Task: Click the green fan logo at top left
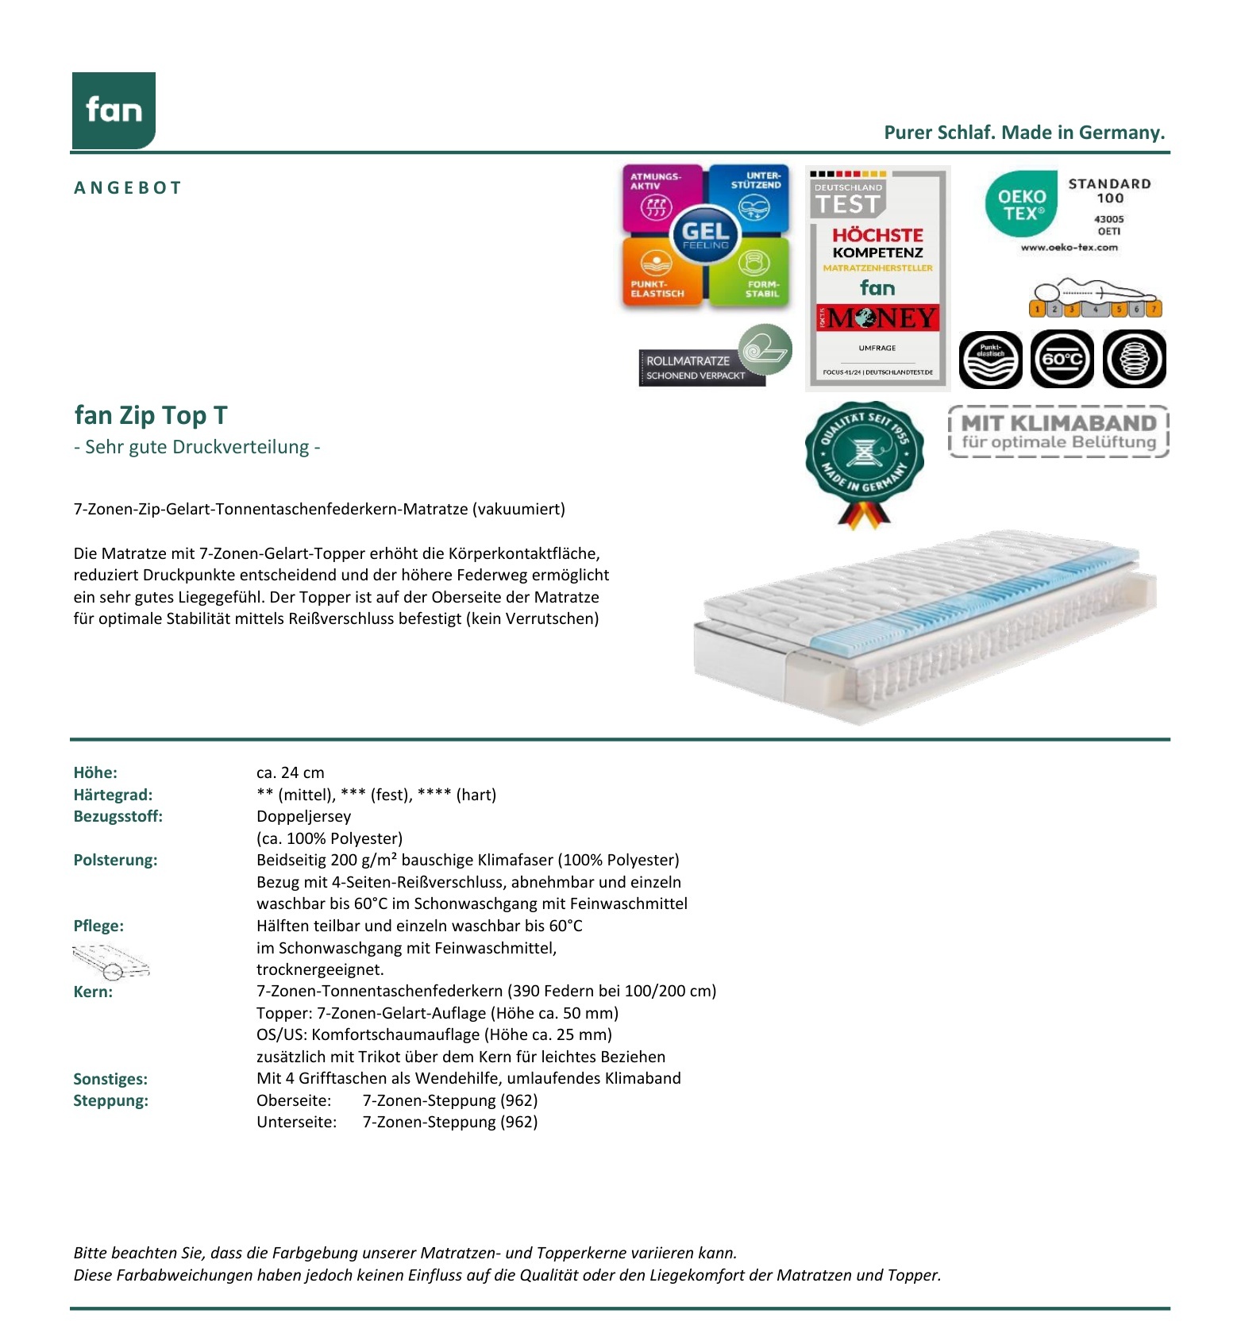click(114, 110)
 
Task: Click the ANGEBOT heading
click(128, 188)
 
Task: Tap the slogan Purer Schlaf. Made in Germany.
click(1024, 133)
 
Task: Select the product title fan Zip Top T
click(151, 415)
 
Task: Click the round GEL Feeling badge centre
click(705, 234)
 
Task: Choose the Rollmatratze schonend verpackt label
click(699, 368)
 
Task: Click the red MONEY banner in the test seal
click(877, 318)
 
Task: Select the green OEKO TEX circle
click(1021, 204)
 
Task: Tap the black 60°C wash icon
click(1062, 360)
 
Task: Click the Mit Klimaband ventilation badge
click(1058, 432)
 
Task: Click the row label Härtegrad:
click(113, 795)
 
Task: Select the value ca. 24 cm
click(290, 772)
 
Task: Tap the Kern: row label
click(93, 992)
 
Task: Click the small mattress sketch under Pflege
click(110, 961)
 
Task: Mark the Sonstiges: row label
click(110, 1079)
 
